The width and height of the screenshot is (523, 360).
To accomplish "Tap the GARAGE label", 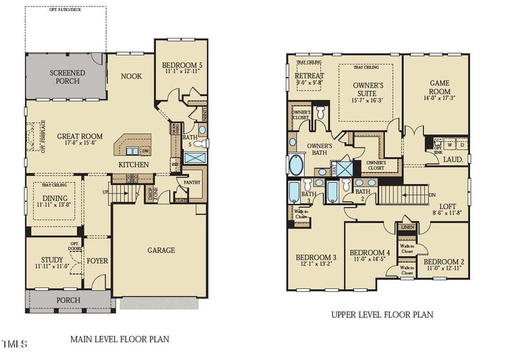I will (160, 250).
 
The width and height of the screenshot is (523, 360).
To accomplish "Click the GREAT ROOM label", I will (77, 137).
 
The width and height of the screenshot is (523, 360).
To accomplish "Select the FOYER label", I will (97, 261).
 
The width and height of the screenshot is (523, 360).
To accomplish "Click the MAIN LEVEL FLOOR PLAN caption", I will (120, 339).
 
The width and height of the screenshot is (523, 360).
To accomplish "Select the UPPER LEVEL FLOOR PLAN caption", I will (382, 314).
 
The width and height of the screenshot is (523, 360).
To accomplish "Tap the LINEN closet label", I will (407, 227).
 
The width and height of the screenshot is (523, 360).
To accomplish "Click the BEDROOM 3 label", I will (316, 257).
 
